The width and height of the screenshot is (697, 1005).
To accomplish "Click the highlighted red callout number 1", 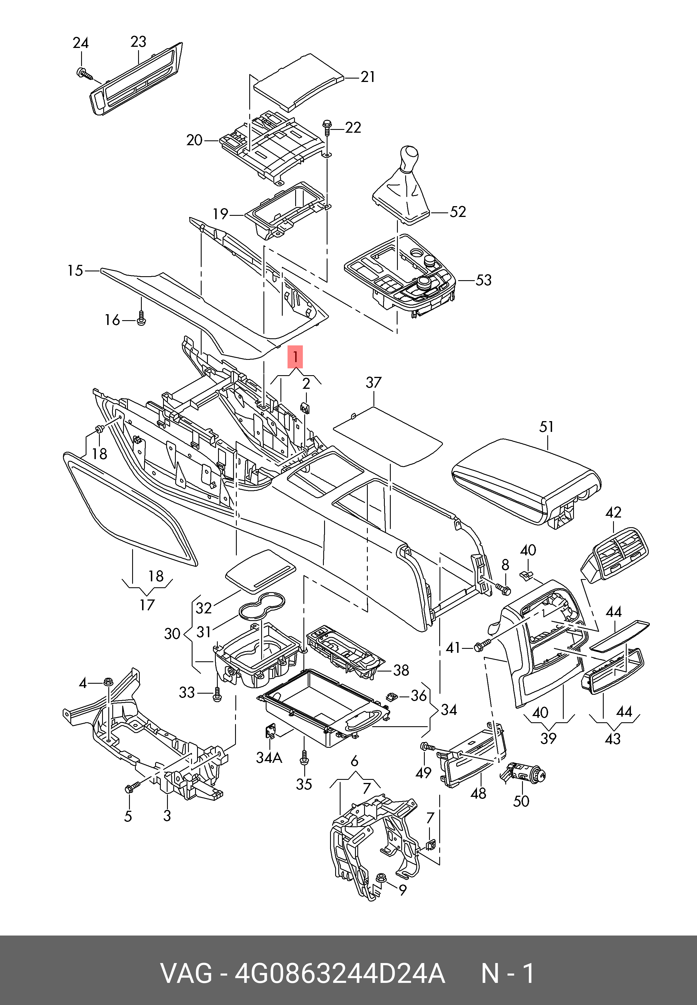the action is pos(295,357).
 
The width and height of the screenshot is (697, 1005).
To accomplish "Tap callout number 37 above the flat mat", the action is pos(374,383).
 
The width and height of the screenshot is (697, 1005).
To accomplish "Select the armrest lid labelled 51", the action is pos(526,482).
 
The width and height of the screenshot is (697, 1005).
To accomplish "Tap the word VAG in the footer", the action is pos(187,973).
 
